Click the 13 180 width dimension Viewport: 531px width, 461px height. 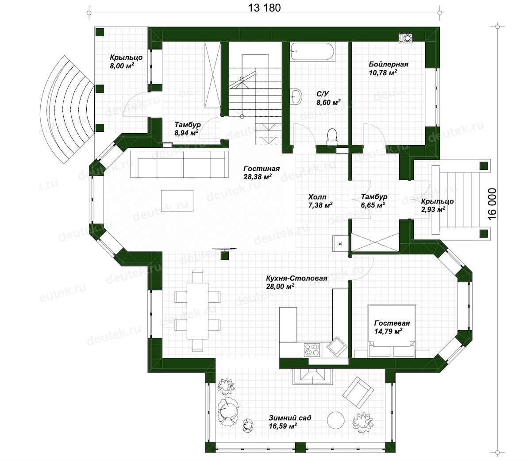tap(265, 8)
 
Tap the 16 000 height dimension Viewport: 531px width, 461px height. tap(492, 204)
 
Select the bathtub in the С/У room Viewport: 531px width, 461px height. tap(312, 52)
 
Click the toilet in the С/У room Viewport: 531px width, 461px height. tap(332, 137)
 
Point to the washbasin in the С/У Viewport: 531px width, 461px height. tap(296, 96)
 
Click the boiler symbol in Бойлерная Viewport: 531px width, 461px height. tap(407, 38)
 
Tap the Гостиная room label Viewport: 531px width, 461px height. tap(262, 169)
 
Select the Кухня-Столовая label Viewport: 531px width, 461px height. tap(296, 278)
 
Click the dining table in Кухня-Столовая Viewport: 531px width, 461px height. tap(198, 311)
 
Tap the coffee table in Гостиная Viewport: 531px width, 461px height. tap(177, 201)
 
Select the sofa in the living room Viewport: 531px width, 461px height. tap(179, 164)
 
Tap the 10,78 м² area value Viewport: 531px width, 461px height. tap(383, 73)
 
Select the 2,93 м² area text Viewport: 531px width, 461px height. tap(433, 209)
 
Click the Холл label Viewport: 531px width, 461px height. tap(317, 197)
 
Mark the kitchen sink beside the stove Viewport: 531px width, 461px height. tap(336, 346)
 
